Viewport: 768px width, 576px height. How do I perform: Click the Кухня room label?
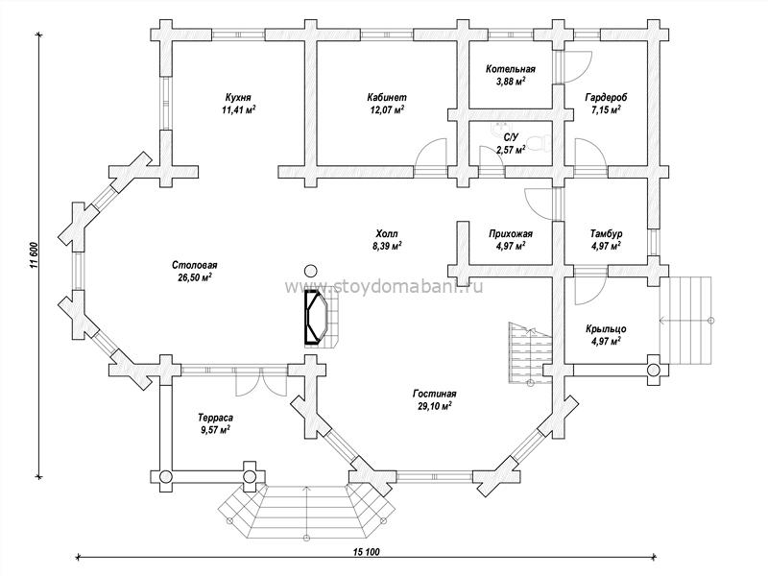coord(238,97)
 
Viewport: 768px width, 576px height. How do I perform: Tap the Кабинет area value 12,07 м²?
coord(387,109)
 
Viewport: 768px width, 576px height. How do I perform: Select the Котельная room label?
coord(511,69)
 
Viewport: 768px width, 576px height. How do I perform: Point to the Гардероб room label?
coord(606,98)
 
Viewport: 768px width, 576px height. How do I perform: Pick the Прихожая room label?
coord(511,233)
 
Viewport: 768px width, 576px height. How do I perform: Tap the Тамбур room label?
coord(606,233)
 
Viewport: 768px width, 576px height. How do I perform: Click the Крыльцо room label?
coord(606,329)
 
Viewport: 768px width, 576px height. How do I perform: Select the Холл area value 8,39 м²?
coord(387,246)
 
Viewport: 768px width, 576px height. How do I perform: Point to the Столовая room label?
coord(195,265)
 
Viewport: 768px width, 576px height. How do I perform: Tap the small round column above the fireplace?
coord(310,270)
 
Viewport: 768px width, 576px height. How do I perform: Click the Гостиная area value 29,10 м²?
coord(435,406)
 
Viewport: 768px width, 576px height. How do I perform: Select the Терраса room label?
coord(215,418)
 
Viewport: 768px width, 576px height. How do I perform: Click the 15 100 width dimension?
coord(367,552)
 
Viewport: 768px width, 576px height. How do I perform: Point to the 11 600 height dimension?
coord(34,254)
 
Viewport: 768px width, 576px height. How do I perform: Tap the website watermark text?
coord(384,285)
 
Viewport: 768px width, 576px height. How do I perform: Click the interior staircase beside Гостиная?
coord(530,352)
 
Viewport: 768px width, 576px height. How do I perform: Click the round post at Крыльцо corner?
coord(655,370)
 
